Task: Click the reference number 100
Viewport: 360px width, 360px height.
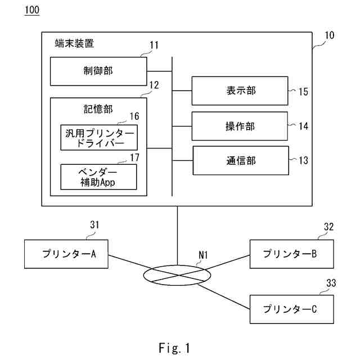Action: click(32, 10)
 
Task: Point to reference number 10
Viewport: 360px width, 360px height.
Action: click(329, 35)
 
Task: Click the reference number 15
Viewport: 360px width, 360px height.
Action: click(303, 92)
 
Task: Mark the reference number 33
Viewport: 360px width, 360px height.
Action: click(331, 283)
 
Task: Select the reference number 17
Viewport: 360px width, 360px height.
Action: click(134, 157)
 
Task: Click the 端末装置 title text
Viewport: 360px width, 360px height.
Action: click(74, 43)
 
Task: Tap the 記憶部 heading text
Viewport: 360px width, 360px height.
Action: click(98, 109)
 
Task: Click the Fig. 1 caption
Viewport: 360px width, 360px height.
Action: click(174, 348)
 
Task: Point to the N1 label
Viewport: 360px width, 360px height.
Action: click(203, 255)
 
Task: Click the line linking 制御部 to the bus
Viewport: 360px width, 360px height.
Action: click(160, 71)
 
